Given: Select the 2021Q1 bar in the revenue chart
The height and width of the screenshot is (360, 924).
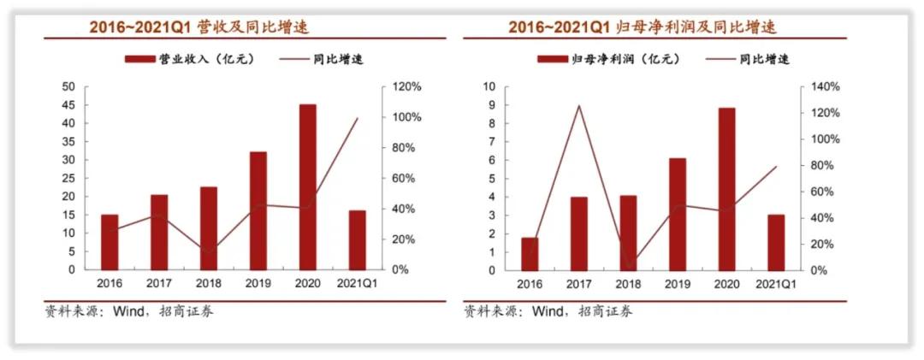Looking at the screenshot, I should pyautogui.click(x=357, y=239).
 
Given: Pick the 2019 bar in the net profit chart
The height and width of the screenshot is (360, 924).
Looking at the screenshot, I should pyautogui.click(x=677, y=214).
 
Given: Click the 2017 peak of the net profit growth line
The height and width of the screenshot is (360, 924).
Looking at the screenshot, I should pyautogui.click(x=579, y=106).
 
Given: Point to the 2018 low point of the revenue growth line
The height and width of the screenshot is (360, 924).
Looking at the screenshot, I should pyautogui.click(x=209, y=251).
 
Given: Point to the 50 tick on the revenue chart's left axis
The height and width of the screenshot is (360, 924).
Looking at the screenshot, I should pyautogui.click(x=68, y=87).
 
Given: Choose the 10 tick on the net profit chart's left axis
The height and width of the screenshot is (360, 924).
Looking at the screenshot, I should pyautogui.click(x=490, y=87).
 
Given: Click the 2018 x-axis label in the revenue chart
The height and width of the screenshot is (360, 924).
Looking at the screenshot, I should pyautogui.click(x=209, y=284).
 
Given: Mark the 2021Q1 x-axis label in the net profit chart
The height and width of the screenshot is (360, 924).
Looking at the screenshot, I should pyautogui.click(x=775, y=284).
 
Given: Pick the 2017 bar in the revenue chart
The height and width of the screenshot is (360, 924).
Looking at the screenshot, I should pyautogui.click(x=159, y=232).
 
